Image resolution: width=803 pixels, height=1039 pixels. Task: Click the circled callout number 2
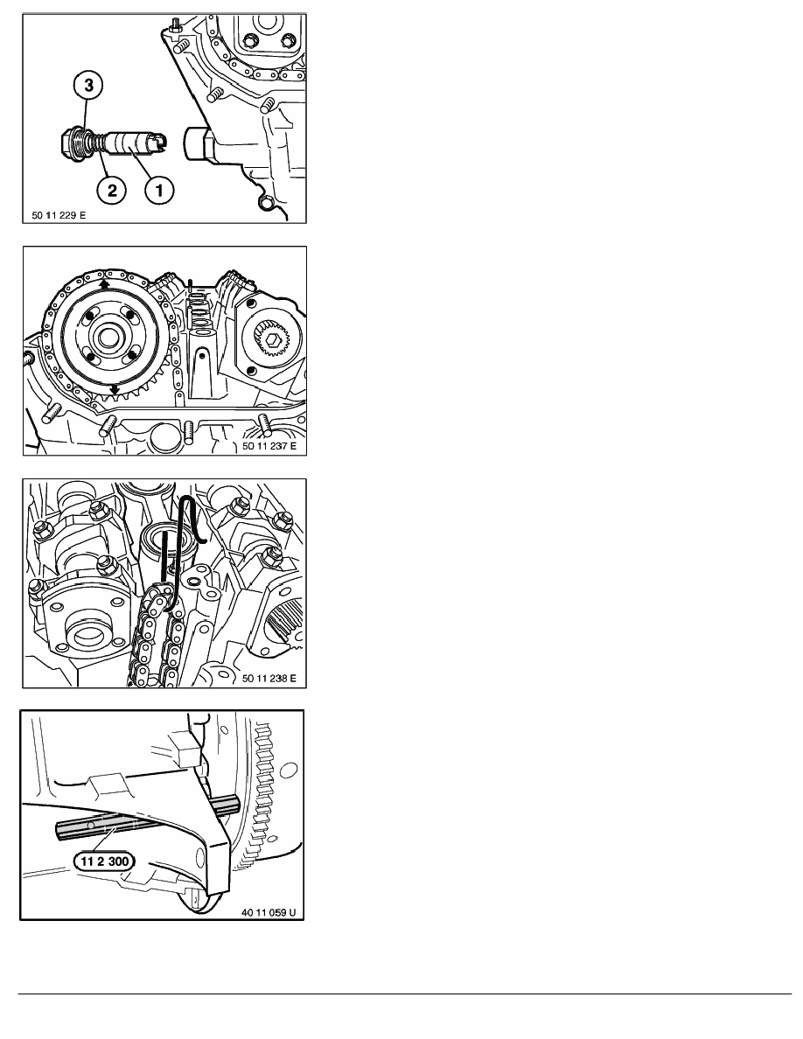(112, 191)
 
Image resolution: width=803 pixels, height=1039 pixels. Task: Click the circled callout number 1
(159, 191)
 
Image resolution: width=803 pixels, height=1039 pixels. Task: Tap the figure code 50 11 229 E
(59, 214)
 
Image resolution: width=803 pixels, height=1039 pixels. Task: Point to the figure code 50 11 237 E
(269, 446)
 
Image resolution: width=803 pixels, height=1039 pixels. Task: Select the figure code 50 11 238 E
(269, 678)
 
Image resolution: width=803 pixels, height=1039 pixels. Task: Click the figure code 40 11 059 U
(269, 912)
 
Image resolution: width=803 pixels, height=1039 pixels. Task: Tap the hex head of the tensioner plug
(66, 141)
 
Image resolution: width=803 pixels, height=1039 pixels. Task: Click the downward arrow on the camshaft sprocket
(115, 389)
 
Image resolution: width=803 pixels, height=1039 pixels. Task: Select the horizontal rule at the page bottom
(405, 994)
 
